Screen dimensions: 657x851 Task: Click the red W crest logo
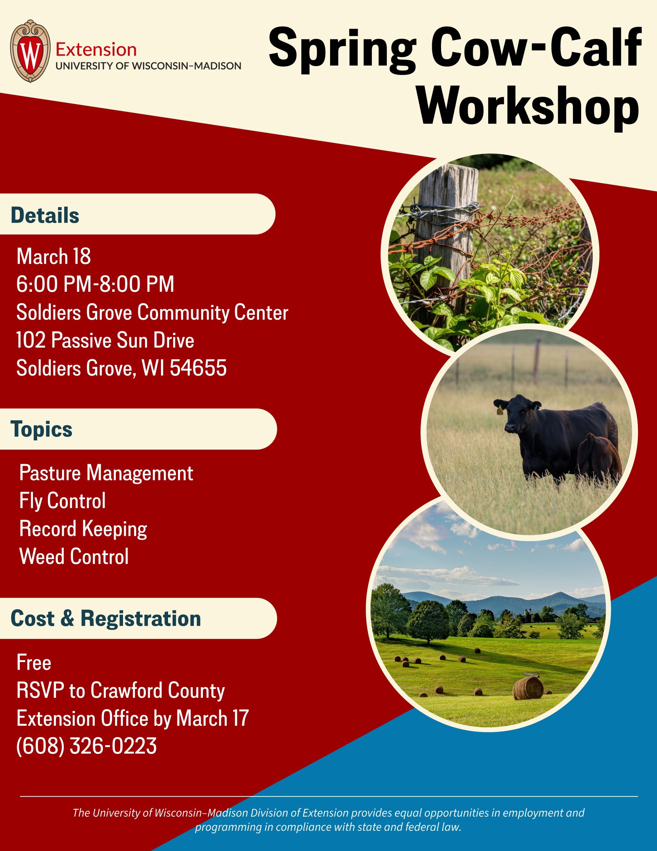tap(30, 51)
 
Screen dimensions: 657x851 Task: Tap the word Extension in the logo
tap(96, 50)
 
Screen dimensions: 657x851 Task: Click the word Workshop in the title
tap(528, 105)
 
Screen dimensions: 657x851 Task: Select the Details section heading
tap(45, 215)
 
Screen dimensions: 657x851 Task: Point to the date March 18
tap(54, 256)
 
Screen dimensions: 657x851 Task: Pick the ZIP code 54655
tap(198, 368)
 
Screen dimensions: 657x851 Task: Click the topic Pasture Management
tap(106, 473)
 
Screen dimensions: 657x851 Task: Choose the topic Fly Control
tap(62, 501)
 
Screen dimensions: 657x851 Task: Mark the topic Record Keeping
tap(83, 529)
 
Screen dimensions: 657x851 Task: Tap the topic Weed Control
tap(74, 556)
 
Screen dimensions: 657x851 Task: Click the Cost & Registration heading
tap(106, 618)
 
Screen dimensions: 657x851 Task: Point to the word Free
tap(34, 662)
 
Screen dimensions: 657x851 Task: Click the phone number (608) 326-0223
tap(87, 746)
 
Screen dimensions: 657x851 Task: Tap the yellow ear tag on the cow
tap(500, 410)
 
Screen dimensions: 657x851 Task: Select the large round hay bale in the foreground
tap(528, 688)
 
